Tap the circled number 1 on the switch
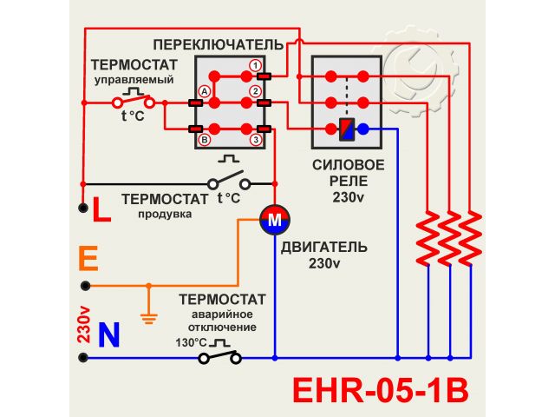[x=255, y=65]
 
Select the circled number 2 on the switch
[x=255, y=91]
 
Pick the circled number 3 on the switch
[x=255, y=139]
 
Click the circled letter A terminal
[x=205, y=91]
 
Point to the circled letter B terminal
[x=205, y=139]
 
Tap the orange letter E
[x=87, y=258]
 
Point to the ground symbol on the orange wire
[x=148, y=316]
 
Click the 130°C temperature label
[x=192, y=341]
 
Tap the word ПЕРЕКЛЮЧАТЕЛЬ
[x=218, y=43]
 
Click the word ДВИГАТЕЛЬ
[x=323, y=247]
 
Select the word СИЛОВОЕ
[x=349, y=165]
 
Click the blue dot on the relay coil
[x=363, y=129]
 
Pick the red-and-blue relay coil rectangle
[x=347, y=129]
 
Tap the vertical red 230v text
[x=84, y=324]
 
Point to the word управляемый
[x=134, y=79]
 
